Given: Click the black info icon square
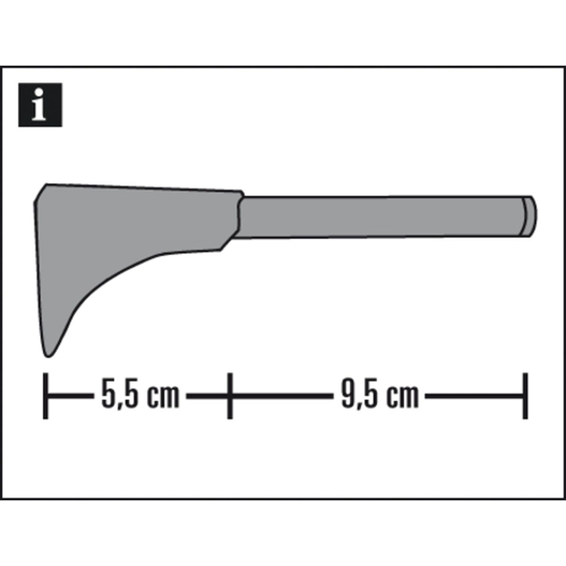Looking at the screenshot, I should point(40,105).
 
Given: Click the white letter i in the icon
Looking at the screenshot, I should point(40,106).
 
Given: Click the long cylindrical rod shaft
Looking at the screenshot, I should point(377,217).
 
